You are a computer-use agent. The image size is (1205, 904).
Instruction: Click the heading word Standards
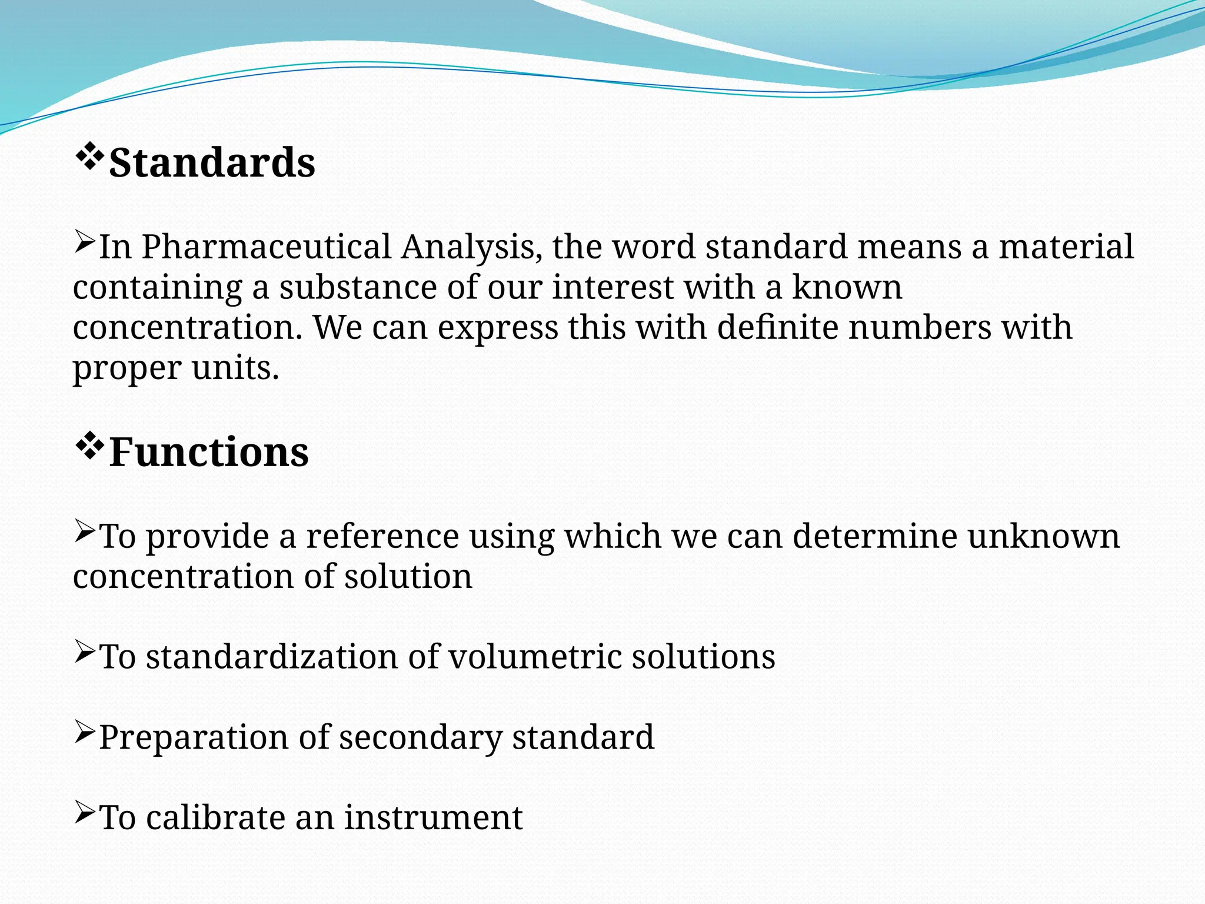click(x=212, y=163)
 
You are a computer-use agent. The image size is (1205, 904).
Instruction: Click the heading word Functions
click(x=208, y=453)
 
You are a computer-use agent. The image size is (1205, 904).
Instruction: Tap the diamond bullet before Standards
click(x=89, y=157)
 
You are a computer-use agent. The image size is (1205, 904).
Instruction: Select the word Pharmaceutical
click(x=267, y=247)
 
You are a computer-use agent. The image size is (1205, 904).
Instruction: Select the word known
click(x=847, y=288)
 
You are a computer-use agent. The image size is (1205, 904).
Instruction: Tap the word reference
click(x=382, y=537)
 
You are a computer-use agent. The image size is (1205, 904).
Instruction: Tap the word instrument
click(x=433, y=818)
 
